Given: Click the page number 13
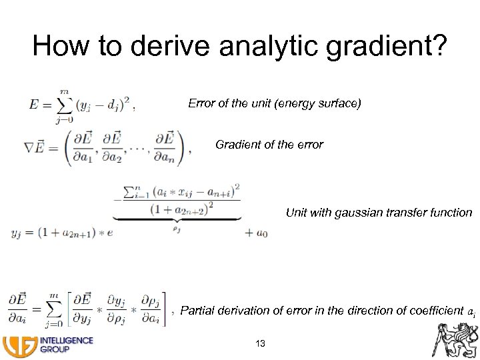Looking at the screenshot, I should click(261, 343).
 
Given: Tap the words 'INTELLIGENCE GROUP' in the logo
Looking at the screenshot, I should click(67, 344).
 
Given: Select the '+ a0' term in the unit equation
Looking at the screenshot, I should click(257, 233).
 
